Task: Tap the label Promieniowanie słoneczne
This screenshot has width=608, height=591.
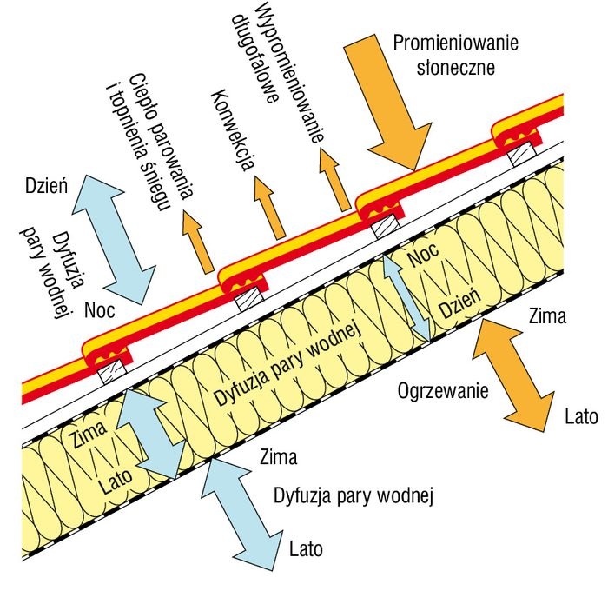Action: [x=456, y=55]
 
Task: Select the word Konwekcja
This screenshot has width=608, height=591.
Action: [x=233, y=130]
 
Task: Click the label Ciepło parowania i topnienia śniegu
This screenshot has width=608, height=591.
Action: [x=149, y=142]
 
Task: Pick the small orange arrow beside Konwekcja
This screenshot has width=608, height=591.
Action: [x=270, y=207]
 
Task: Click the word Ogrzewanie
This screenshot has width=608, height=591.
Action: [x=443, y=391]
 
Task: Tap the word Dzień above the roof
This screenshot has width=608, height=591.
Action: [x=47, y=185]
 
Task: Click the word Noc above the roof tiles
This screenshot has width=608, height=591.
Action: [x=100, y=310]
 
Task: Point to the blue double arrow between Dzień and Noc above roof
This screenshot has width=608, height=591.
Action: [x=114, y=239]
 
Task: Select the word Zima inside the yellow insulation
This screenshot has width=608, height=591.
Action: [x=87, y=434]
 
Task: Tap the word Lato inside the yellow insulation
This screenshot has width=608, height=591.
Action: [x=115, y=480]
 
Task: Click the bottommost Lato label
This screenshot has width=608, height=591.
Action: [x=306, y=548]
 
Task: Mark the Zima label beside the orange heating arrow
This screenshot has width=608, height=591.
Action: [x=547, y=315]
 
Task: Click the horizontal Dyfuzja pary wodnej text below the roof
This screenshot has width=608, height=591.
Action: [x=354, y=495]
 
